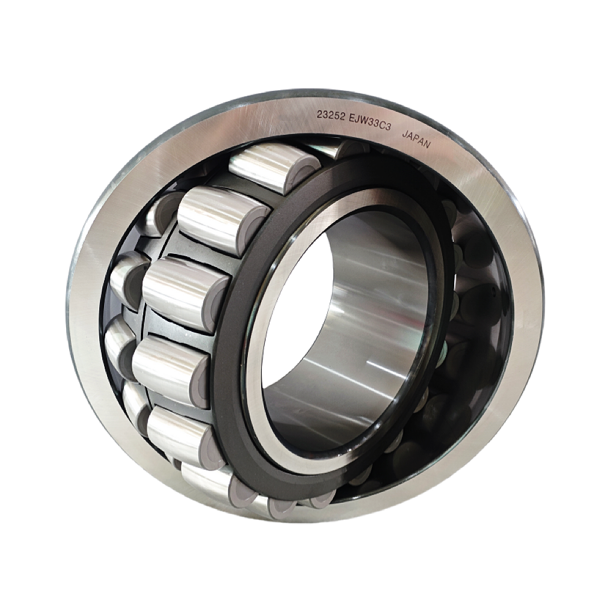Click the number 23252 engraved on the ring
point(331,117)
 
